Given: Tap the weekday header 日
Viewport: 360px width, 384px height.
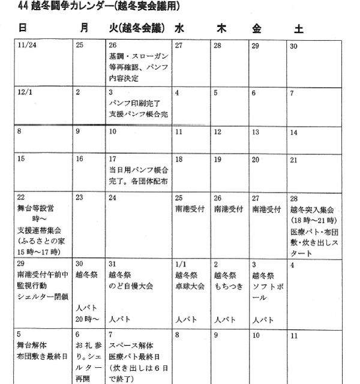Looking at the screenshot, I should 22,28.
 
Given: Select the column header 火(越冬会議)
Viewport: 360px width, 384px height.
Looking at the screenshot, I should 137,28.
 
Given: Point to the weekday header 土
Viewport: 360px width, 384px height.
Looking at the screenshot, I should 298,29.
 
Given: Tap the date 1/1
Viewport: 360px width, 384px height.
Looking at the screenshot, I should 181,265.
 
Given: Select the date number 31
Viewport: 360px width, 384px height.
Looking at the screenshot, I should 113,265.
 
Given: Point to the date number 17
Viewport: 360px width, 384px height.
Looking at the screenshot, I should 112,160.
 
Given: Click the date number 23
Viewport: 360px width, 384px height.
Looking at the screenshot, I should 79,197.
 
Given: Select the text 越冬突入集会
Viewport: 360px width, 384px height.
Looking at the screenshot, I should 311,210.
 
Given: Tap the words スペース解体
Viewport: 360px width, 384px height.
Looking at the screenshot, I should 131,345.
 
